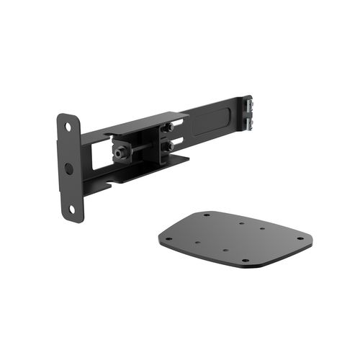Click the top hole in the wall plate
[x=68, y=127]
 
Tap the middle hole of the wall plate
[x=69, y=168]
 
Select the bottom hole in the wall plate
[x=71, y=209]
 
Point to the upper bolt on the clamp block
[x=169, y=128]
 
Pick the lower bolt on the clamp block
[x=169, y=146]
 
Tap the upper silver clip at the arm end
[x=249, y=103]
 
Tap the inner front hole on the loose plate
[x=226, y=250]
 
